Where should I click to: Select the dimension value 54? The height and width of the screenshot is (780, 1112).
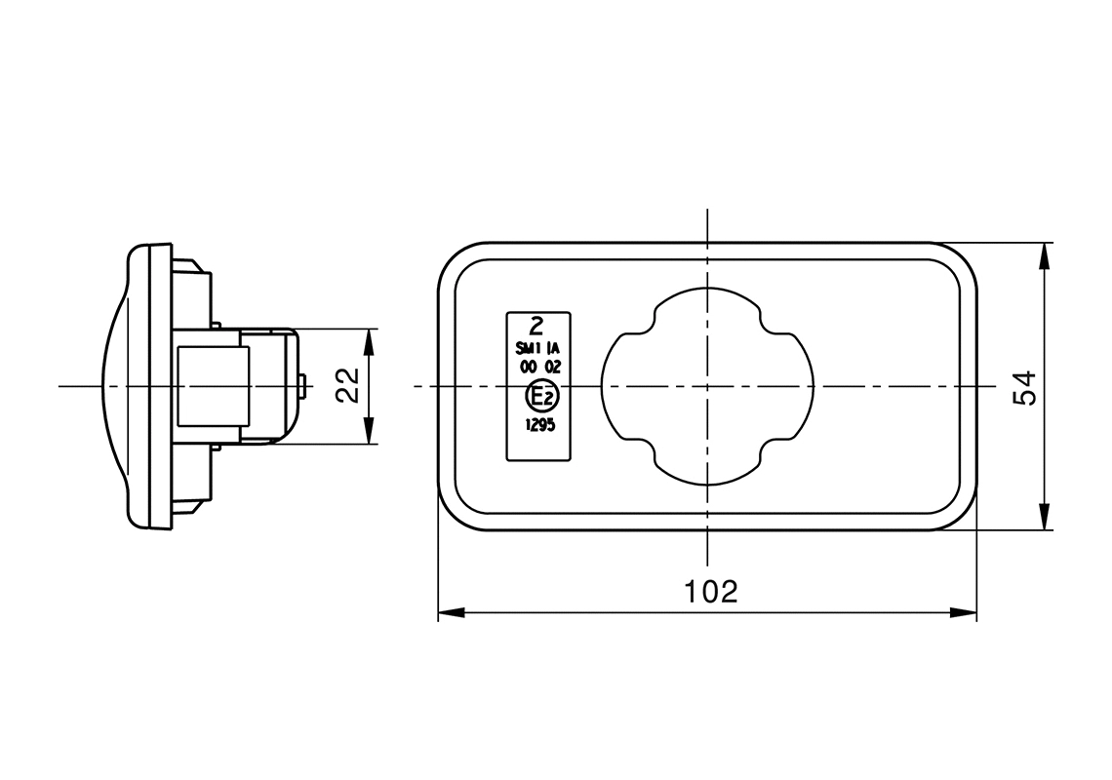tap(1023, 387)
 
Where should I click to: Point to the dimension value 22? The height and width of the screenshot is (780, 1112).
tap(348, 386)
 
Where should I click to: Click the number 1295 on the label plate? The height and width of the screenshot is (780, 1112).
tap(539, 425)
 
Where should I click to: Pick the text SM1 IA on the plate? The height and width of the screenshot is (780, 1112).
tap(538, 348)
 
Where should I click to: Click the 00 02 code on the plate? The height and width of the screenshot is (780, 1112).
tap(538, 368)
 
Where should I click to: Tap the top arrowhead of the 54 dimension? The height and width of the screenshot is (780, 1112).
tap(1045, 255)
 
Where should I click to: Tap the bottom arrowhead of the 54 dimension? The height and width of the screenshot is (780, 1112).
tap(1045, 518)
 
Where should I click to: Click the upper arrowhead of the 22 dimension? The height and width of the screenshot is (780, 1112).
tap(369, 341)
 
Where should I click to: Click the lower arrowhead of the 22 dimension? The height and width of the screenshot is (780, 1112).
tap(369, 433)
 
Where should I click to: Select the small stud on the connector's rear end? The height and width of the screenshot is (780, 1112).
tap(306, 387)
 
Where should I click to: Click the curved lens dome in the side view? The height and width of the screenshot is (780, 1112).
tap(115, 387)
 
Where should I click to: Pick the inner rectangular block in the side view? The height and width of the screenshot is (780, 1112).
tap(211, 386)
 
